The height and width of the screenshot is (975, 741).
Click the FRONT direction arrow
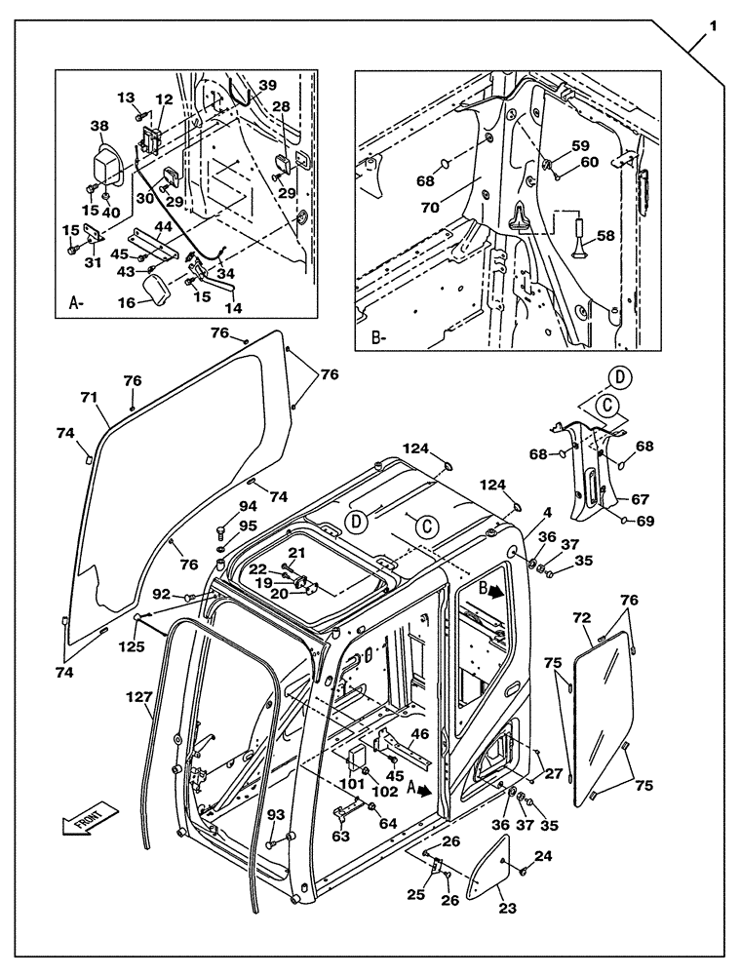89,817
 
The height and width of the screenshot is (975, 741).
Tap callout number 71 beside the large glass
89,397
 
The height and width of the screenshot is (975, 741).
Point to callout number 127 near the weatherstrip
138,697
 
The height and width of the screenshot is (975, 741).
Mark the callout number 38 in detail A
99,126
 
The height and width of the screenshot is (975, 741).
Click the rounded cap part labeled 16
155,289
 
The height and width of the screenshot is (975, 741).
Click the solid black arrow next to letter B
497,590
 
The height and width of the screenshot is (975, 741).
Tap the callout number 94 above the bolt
221,506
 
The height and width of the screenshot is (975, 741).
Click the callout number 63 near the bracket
341,835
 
